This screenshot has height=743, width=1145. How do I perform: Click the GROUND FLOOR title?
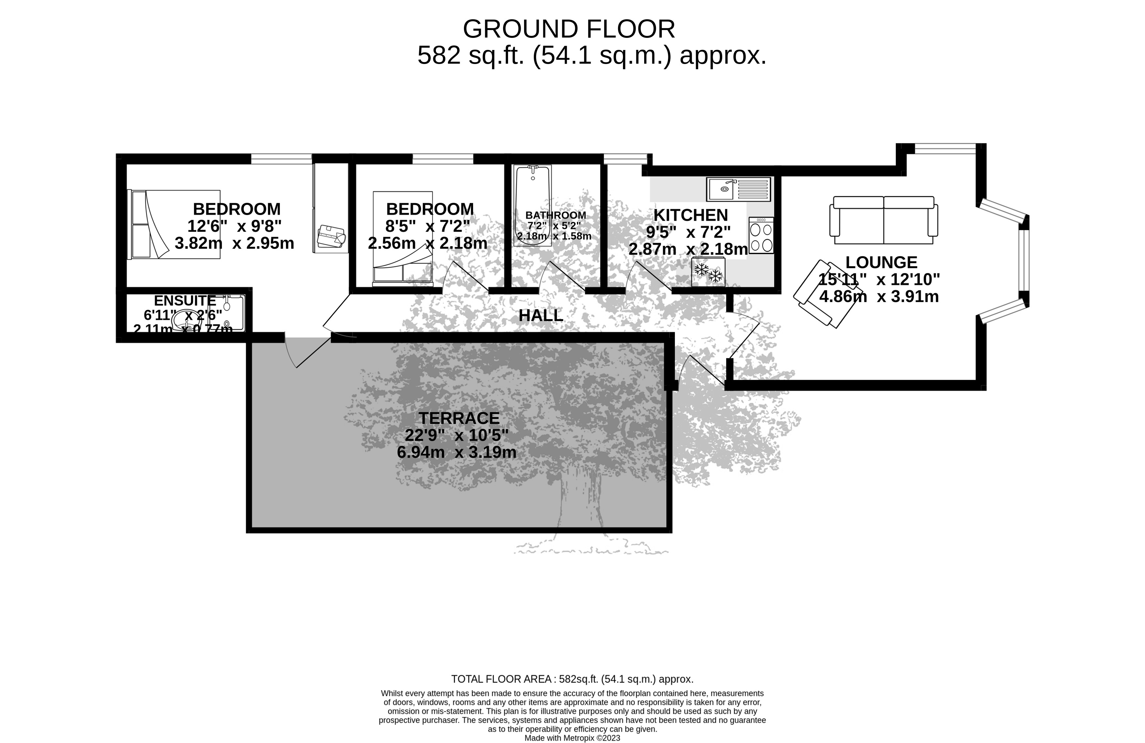tap(569, 29)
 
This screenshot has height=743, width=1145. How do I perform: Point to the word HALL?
tap(540, 316)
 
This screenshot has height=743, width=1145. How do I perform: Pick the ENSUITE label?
tap(185, 301)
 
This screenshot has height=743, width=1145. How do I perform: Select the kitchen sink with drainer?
tap(738, 189)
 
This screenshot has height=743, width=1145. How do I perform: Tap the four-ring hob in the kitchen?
tap(761, 235)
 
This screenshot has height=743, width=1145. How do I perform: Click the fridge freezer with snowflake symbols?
tap(708, 272)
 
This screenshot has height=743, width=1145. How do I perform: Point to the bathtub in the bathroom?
tap(532, 204)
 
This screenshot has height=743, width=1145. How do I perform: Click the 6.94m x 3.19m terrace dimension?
tap(456, 452)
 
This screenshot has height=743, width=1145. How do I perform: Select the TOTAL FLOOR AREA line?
tap(572, 679)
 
